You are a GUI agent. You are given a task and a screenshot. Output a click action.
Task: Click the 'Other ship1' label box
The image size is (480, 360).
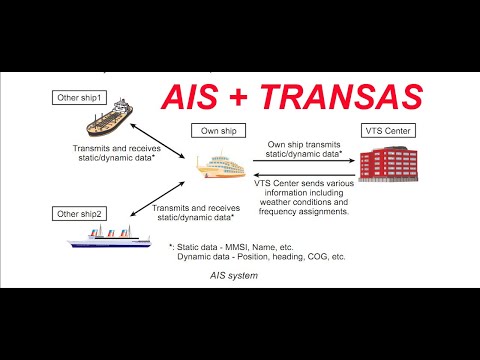pos(81,97)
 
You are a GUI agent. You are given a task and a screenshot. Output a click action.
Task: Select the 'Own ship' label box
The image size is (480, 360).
pos(219,130)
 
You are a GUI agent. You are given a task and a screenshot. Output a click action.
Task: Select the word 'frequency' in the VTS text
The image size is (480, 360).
pos(279,213)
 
